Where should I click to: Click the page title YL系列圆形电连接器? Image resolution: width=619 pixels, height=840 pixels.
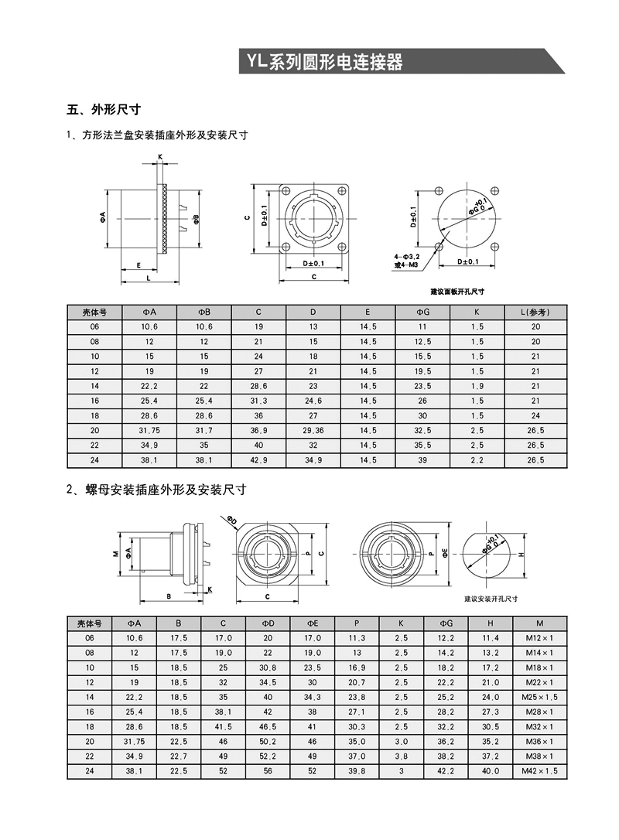coord(324,63)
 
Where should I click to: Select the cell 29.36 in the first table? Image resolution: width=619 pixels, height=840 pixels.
coord(313,430)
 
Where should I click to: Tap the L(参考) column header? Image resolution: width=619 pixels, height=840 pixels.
coord(535,312)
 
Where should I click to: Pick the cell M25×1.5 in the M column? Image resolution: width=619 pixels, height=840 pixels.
coord(539,697)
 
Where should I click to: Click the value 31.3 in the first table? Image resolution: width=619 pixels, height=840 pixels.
coord(258,401)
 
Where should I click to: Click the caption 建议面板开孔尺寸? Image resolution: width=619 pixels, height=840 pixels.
coord(457,292)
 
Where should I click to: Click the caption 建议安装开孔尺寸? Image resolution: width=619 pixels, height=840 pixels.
coord(491,599)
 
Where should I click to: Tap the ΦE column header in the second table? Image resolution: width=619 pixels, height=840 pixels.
coord(313,623)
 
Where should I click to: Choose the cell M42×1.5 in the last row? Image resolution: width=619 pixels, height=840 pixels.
coord(539,771)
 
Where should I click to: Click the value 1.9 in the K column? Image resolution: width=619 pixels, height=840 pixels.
coord(477,386)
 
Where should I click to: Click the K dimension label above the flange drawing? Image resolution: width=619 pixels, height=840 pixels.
coord(160,157)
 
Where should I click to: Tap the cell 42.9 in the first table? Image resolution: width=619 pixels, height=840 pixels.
coord(258,460)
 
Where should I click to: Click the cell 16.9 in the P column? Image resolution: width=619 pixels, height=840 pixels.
coord(357,668)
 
